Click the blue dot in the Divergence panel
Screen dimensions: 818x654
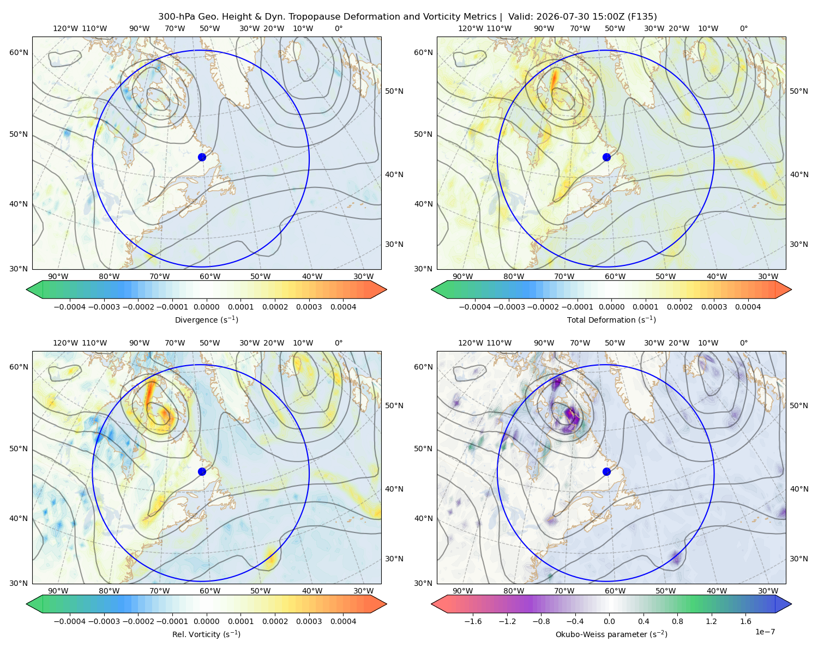pyautogui.click(x=202, y=157)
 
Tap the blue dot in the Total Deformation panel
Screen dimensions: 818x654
pyautogui.click(x=606, y=157)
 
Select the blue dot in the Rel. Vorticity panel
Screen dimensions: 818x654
pyautogui.click(x=202, y=471)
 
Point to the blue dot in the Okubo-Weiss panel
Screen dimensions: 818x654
pyautogui.click(x=606, y=471)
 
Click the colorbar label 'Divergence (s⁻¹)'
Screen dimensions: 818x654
pyautogui.click(x=206, y=319)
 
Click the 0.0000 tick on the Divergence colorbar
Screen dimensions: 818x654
pyautogui.click(x=206, y=307)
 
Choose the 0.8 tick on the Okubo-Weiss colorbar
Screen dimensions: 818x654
pyautogui.click(x=677, y=621)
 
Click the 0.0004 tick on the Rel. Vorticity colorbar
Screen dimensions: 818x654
pyautogui.click(x=343, y=621)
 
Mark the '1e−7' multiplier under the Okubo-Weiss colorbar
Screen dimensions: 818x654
pyautogui.click(x=765, y=632)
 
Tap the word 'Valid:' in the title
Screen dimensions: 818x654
pyautogui.click(x=521, y=17)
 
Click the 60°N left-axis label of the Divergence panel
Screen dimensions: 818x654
pyautogui.click(x=19, y=52)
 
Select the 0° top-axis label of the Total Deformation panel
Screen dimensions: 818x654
pyautogui.click(x=743, y=28)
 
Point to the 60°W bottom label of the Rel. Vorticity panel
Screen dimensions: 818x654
pyautogui.click(x=210, y=591)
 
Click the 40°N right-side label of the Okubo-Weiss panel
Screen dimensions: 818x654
pyautogui.click(x=799, y=489)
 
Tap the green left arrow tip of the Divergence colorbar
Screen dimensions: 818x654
pyautogui.click(x=27, y=289)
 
